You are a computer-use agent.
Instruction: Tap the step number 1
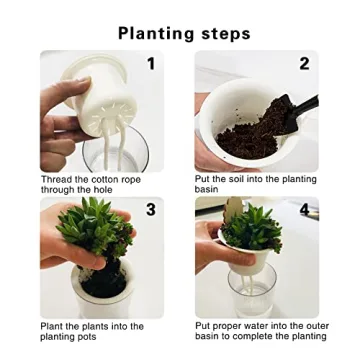(151, 64)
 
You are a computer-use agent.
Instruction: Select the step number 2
(304, 64)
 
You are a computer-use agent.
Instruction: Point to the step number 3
(151, 209)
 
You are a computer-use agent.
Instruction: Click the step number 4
(305, 210)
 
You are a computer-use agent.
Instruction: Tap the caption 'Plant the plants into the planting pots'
(92, 331)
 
